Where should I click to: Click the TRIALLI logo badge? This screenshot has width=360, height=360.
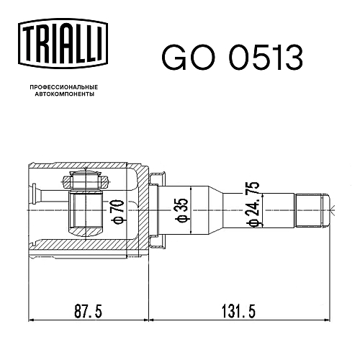[x=63, y=44]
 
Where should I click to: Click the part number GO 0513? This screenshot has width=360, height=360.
[x=232, y=58]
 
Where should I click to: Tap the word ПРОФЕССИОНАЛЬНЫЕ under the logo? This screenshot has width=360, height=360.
[x=64, y=87]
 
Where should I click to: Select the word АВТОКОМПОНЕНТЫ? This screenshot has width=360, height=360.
[x=65, y=94]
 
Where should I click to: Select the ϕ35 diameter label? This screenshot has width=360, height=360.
[x=183, y=210]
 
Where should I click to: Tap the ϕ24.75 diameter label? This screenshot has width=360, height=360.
[x=253, y=204]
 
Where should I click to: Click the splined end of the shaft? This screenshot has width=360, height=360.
[x=309, y=210]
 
